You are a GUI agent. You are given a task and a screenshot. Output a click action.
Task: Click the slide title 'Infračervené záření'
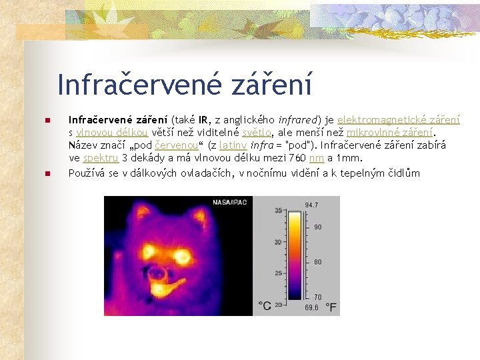[x=185, y=85]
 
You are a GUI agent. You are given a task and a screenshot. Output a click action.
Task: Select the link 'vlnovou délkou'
[x=103, y=133]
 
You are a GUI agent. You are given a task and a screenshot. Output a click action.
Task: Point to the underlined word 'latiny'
[x=233, y=145]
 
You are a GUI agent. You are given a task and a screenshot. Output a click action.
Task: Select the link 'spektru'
[x=101, y=158]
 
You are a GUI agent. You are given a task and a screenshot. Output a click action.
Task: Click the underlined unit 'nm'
[x=317, y=158]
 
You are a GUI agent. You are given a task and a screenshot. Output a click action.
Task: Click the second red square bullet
[x=47, y=174]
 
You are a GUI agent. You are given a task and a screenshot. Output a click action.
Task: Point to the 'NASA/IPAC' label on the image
[x=231, y=201]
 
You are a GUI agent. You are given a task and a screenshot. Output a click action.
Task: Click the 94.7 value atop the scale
[x=311, y=204]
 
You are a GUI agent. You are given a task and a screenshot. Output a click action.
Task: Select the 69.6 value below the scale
[x=311, y=308]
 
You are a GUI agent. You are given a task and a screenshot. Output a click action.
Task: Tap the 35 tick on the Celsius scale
[x=277, y=211]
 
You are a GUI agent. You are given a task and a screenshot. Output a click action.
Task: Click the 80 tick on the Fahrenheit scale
[x=318, y=262]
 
